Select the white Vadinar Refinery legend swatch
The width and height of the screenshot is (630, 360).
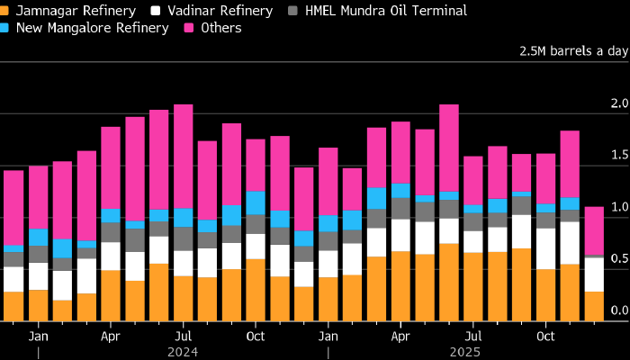click(157, 11)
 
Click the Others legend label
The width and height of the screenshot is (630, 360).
click(222, 28)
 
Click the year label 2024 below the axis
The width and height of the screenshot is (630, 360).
click(184, 351)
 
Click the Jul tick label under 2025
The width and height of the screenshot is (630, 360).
click(473, 336)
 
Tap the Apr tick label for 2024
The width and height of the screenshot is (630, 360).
click(111, 336)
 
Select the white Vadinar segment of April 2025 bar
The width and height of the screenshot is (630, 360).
click(400, 235)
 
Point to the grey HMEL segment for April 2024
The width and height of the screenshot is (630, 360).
click(111, 232)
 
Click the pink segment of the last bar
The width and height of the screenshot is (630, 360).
click(594, 231)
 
